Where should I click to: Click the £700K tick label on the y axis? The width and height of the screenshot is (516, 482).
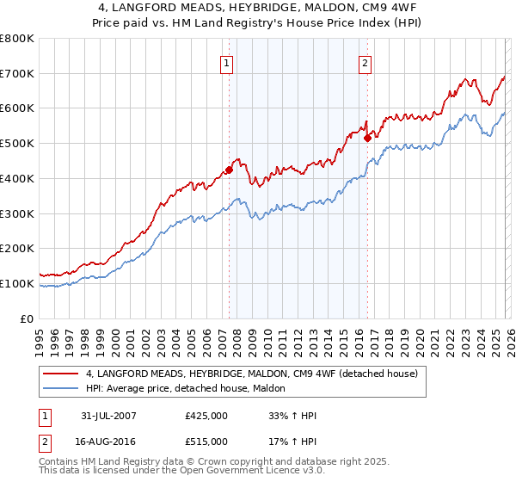[x=17, y=74]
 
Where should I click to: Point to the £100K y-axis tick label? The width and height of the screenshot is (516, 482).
[x=17, y=283]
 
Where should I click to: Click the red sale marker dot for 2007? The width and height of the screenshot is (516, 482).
[x=230, y=170]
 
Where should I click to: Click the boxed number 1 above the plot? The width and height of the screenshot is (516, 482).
[x=226, y=62]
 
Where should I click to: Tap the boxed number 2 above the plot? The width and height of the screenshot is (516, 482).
[x=365, y=62]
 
